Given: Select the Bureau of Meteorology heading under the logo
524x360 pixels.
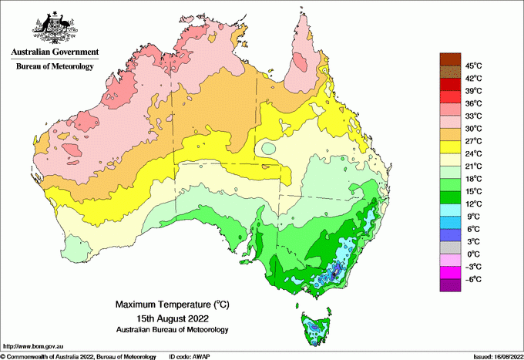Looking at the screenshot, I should (x=55, y=66).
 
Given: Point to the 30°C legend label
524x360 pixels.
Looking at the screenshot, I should (x=473, y=128).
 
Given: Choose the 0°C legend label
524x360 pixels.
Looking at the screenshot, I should (x=472, y=254).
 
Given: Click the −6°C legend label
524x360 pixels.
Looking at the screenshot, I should (x=472, y=279).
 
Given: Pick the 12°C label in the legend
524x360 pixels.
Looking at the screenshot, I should (x=473, y=204).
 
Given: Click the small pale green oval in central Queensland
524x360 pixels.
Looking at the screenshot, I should (x=268, y=147).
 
